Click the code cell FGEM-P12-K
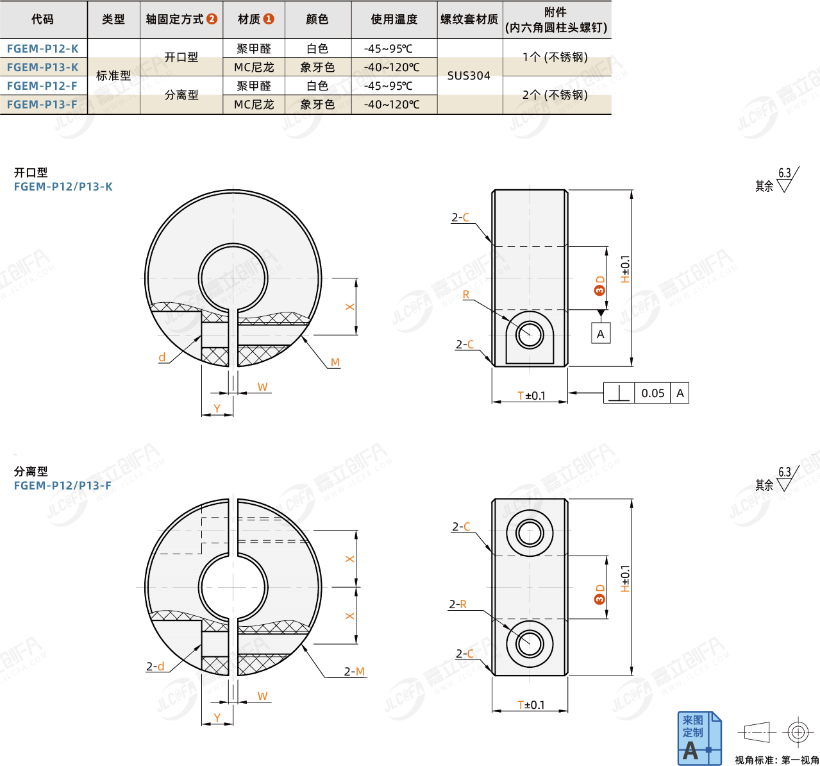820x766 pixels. (x=42, y=48)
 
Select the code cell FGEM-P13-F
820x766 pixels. (x=42, y=105)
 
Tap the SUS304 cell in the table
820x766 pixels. (x=469, y=76)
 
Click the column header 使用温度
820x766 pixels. (x=394, y=19)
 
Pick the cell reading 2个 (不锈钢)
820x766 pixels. (x=555, y=95)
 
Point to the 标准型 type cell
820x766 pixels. (x=113, y=76)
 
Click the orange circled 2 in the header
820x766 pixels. (x=212, y=19)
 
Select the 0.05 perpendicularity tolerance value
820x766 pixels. (x=653, y=393)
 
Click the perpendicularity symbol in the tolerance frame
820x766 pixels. (x=619, y=393)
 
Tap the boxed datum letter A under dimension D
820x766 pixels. (x=600, y=334)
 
